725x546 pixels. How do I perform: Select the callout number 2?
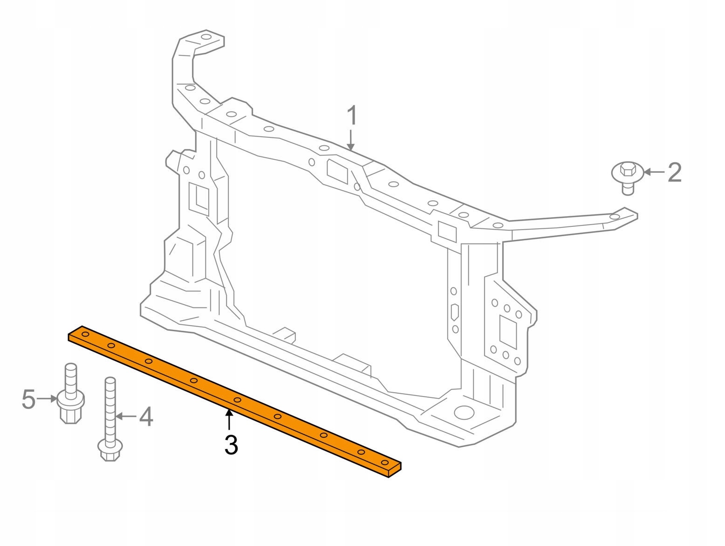coord(675,172)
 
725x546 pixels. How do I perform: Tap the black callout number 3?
coord(231,445)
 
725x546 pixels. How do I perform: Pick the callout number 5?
coord(28,399)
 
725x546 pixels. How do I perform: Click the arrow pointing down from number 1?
coord(351,140)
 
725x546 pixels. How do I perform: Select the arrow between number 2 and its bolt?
coord(654,172)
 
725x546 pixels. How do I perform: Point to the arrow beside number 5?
coord(47,399)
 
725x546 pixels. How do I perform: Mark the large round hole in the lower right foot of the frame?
coord(464,412)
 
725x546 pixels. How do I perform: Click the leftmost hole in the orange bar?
coord(85,334)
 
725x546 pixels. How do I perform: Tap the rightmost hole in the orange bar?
coord(385,462)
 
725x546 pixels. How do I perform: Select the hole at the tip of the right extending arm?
coord(615,217)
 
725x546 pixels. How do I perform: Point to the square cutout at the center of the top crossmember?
coord(337,171)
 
